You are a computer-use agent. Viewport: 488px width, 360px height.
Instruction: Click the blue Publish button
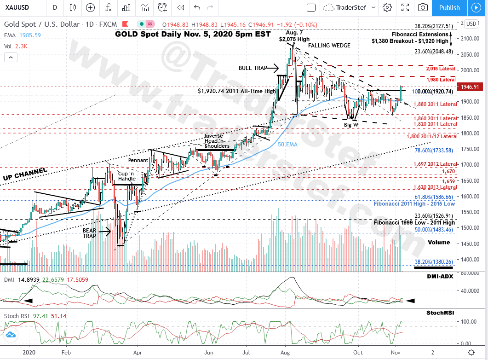coord(449,7)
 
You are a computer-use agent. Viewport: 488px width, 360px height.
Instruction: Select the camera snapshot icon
coord(422,7)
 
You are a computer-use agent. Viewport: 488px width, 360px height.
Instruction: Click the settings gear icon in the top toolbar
coord(387,7)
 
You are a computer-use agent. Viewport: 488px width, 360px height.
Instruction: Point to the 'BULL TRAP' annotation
coord(253,68)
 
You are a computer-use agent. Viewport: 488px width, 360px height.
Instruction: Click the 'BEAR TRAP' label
coord(90,232)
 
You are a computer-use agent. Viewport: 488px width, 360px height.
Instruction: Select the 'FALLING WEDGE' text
coord(329,46)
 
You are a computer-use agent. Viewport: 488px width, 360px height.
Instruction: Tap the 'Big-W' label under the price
coord(351,125)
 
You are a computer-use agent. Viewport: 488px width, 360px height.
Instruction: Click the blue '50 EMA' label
coord(288,144)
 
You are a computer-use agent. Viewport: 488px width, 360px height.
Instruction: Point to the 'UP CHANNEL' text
coord(25,174)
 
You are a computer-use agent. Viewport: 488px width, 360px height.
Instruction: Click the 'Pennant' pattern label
coord(138,160)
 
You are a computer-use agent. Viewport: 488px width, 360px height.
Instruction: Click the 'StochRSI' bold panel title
coord(440,313)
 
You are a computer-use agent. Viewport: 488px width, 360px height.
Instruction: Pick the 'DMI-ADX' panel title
coord(440,276)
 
